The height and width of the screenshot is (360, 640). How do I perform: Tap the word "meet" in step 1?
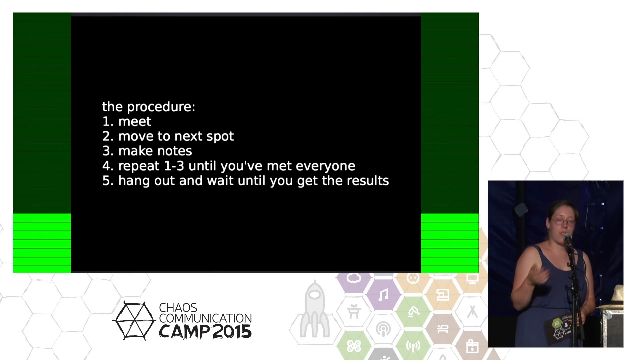135,122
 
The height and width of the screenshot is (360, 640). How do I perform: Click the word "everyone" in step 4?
325,166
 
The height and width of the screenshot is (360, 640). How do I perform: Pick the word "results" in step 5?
368,181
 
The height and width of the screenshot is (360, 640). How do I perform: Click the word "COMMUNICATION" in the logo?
205,318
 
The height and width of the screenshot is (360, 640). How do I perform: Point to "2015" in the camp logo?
232,332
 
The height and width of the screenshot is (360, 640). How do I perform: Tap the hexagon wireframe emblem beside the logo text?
134,321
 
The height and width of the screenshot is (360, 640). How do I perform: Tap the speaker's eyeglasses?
563,221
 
